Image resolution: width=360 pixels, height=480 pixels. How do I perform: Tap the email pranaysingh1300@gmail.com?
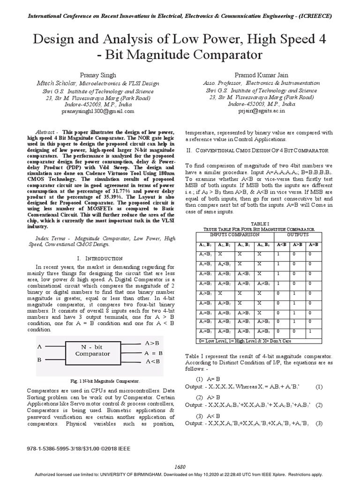click(98, 112)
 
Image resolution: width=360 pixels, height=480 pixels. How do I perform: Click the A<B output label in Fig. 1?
click(153, 361)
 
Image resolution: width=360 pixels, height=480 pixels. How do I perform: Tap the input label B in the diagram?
click(39, 360)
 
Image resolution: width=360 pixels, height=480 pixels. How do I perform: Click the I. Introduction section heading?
click(99, 258)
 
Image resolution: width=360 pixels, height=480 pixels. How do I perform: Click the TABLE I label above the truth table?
click(259, 224)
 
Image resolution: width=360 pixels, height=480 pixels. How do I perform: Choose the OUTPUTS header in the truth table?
click(298, 234)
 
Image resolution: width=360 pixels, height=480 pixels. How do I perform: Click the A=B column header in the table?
click(313, 244)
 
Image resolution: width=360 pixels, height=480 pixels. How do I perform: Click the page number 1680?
click(180, 467)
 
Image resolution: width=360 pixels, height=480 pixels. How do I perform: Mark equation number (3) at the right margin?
click(319, 423)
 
